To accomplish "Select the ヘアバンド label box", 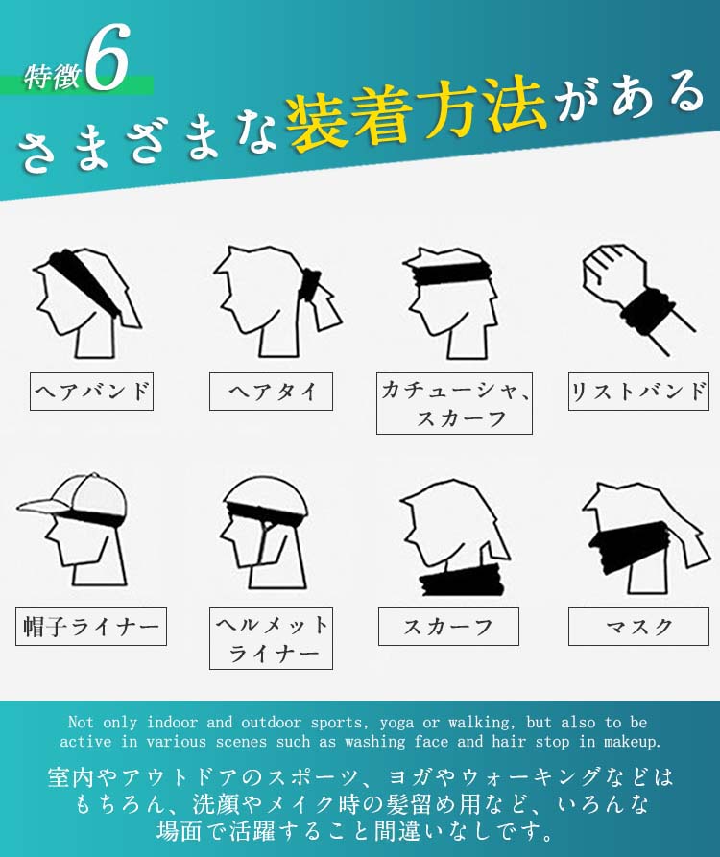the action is pos(91,392).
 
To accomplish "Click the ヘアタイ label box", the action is pos(271,392).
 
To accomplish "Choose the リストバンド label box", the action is pos(638,392).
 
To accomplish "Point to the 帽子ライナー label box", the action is pos(91,627).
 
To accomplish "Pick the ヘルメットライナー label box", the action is pos(271,638).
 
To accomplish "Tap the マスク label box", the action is pos(638,627).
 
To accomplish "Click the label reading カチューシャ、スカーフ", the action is pos(454,403).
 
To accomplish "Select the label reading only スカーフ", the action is pos(448,627).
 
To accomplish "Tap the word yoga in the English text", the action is pos(396,723).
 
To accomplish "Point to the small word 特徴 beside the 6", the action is pos(53,77).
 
